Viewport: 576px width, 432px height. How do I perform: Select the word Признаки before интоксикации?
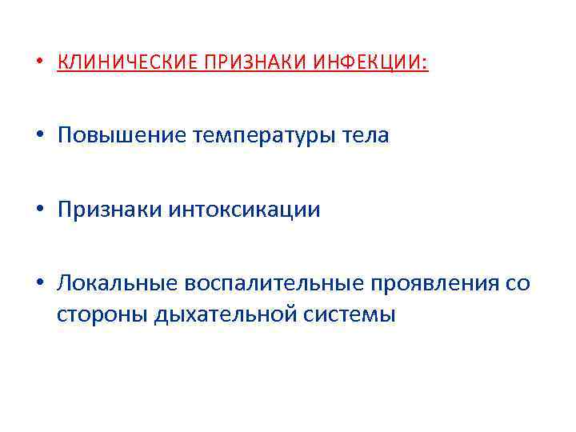pos(110,210)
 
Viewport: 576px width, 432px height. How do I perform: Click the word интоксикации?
pos(245,210)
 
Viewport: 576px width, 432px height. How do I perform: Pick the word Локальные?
pos(118,284)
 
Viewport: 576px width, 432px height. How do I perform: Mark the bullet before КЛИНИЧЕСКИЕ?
pos(40,63)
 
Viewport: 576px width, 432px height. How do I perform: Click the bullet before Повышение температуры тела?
pos(40,137)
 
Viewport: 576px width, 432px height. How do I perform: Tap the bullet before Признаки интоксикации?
pos(40,210)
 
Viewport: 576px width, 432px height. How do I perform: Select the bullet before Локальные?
pos(40,285)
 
